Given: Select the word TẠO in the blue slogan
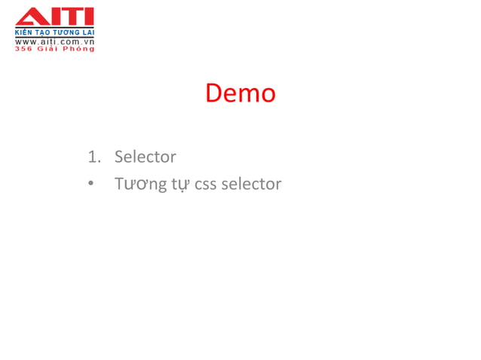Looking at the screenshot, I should coord(42,34).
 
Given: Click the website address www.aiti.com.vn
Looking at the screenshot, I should coord(54,42).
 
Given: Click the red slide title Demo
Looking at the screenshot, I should coord(240,93).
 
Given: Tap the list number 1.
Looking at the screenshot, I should coord(93,157).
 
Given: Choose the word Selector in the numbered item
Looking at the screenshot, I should coord(145,157).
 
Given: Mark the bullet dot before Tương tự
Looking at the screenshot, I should coord(90,184).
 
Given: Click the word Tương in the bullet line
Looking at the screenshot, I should coord(139,183).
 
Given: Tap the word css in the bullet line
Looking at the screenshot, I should coord(205,184).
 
